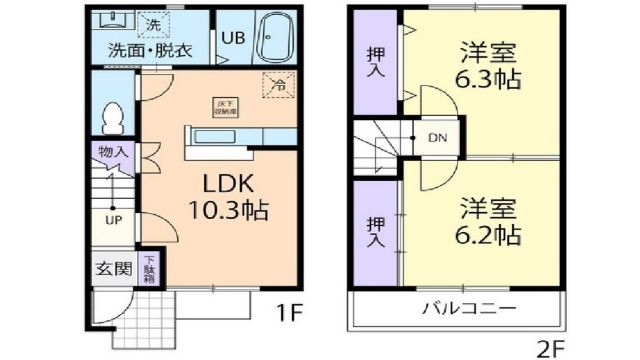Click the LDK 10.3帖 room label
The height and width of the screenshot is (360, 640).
click(231, 198)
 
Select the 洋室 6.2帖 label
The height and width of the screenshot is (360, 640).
click(489, 222)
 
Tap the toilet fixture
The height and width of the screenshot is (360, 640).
click(112, 114)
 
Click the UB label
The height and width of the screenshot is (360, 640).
click(232, 38)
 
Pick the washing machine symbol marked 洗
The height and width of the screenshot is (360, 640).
click(152, 23)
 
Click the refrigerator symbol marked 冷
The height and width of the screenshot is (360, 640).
click(279, 86)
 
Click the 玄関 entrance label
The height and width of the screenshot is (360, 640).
click(113, 267)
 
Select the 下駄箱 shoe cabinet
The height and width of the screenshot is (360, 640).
click(148, 267)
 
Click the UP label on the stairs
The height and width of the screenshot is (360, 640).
click(115, 219)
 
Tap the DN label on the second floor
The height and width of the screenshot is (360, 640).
click(438, 138)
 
